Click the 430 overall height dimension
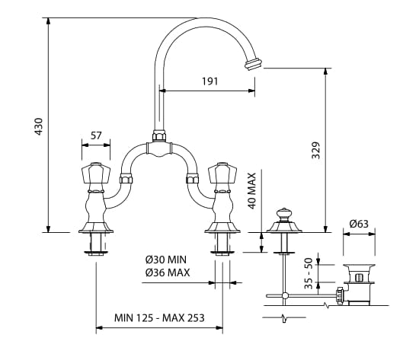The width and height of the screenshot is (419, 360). pyautogui.click(x=39, y=126)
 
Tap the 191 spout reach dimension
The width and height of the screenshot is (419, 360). pyautogui.click(x=210, y=81)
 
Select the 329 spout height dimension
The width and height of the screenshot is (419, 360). pyautogui.click(x=315, y=150)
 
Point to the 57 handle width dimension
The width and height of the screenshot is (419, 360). pyautogui.click(x=96, y=135)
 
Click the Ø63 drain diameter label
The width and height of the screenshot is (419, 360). pyautogui.click(x=359, y=224)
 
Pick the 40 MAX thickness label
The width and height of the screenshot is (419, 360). pyautogui.click(x=251, y=191)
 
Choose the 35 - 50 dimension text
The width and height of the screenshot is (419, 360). pyautogui.click(x=309, y=273)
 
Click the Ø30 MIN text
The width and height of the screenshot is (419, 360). pyautogui.click(x=166, y=260)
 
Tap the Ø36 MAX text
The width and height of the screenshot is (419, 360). pyautogui.click(x=168, y=272)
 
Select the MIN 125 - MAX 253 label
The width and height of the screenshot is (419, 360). pyautogui.click(x=159, y=318)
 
